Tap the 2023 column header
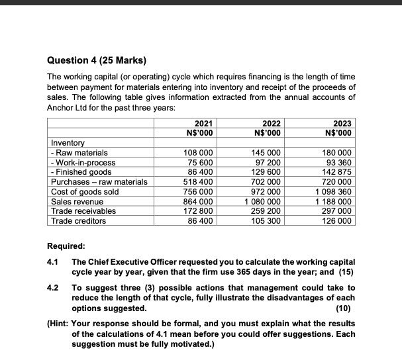pyautogui.click(x=342, y=123)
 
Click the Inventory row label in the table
pyautogui.click(x=68, y=142)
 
